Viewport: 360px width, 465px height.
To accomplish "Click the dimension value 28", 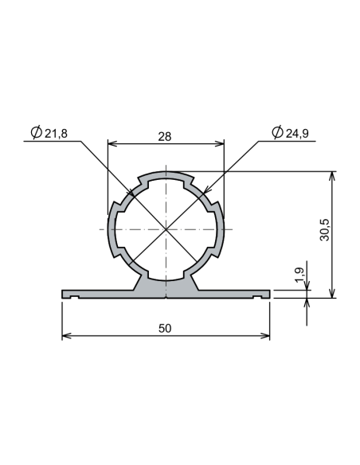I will tap(165, 136).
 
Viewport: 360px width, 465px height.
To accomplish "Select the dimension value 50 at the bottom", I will tap(165, 327).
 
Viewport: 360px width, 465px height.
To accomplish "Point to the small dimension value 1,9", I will tap(299, 275).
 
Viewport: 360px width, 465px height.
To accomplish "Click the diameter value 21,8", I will tap(56, 134).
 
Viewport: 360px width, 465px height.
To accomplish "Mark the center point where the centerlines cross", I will tap(166, 229).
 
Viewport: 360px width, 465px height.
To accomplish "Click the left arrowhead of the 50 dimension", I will tap(66, 335).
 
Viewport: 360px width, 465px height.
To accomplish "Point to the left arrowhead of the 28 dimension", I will tap(112, 144).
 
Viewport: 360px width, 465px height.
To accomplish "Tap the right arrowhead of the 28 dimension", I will tap(220, 144).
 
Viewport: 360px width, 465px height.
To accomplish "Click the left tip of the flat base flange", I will tap(63, 294).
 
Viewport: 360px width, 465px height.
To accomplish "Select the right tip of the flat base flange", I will tap(269, 294).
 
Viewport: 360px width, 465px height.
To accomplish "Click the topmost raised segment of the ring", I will tap(166, 172).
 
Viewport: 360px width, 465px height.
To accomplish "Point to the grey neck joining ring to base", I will tap(166, 285).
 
